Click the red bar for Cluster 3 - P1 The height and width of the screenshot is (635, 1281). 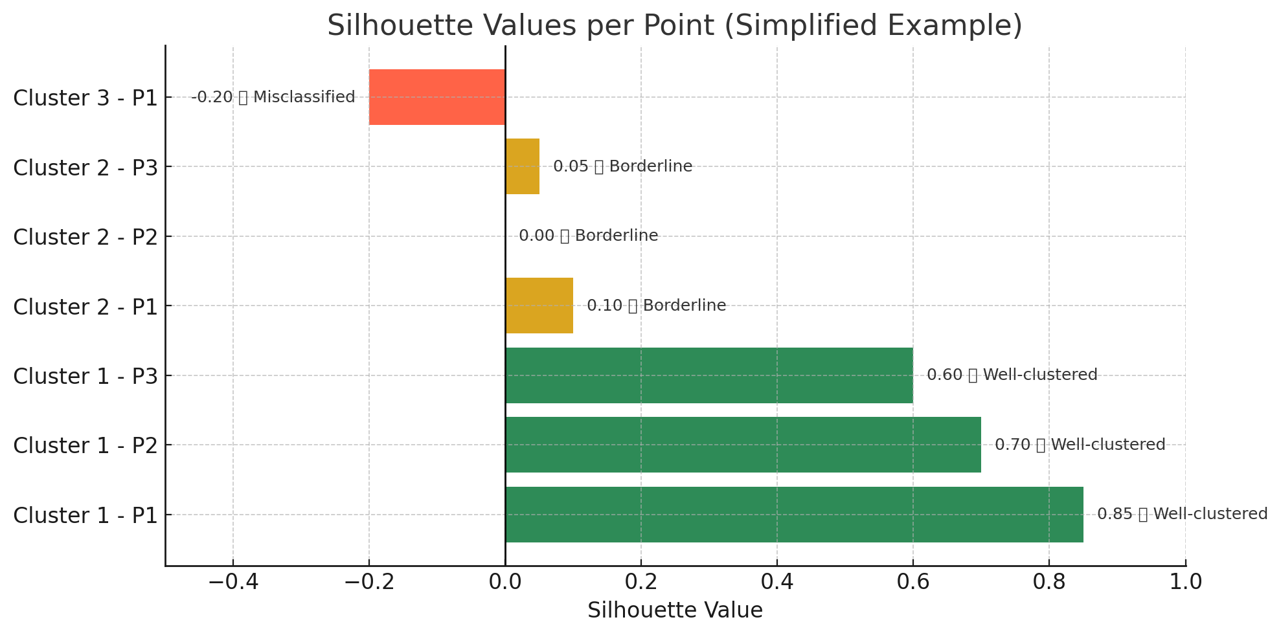click(437, 97)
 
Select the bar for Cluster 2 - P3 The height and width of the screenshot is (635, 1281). click(522, 166)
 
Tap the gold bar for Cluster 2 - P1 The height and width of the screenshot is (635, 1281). click(539, 306)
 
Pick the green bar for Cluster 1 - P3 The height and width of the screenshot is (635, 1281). click(709, 375)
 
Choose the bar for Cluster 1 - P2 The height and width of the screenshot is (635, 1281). click(743, 445)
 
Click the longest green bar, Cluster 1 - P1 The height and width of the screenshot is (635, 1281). click(794, 515)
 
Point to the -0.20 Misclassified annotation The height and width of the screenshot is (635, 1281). click(273, 97)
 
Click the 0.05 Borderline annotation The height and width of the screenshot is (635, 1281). click(622, 166)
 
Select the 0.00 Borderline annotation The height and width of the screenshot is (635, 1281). click(588, 236)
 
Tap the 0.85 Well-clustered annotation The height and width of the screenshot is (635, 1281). click(1182, 514)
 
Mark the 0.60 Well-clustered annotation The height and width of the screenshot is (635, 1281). click(1012, 375)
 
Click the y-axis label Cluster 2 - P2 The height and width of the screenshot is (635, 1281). click(85, 237)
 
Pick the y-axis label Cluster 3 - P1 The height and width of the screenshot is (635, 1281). click(85, 98)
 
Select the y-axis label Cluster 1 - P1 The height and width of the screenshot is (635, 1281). click(85, 515)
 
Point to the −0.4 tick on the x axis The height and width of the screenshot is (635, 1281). click(233, 582)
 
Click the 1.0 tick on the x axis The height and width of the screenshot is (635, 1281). click(1185, 582)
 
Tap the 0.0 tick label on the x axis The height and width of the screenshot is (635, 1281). click(505, 582)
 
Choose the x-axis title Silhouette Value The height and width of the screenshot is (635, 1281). click(675, 610)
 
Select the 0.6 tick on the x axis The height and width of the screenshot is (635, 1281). click(913, 582)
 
